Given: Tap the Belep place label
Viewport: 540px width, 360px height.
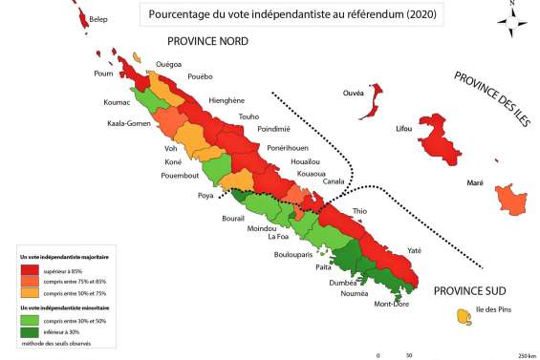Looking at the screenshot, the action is coord(98,18).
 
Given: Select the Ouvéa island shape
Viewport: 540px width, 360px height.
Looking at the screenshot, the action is coord(374,95).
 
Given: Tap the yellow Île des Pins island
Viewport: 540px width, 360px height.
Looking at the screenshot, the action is coord(464,314).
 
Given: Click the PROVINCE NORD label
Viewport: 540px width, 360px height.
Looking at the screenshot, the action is coord(207,42).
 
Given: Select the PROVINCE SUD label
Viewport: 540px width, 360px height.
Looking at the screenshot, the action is coord(468,290).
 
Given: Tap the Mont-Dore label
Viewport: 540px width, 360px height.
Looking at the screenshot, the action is coord(392,305).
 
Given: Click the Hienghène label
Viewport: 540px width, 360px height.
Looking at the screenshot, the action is coord(227,100).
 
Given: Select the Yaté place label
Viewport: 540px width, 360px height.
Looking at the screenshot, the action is coord(414,250).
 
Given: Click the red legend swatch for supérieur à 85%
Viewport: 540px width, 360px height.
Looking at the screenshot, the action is coord(31,271).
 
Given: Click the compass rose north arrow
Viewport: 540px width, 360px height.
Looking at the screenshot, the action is coord(512,21).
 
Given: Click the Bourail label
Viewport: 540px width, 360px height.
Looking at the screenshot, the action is coord(234,219).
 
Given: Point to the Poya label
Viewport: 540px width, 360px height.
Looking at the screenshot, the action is coord(205,196).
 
